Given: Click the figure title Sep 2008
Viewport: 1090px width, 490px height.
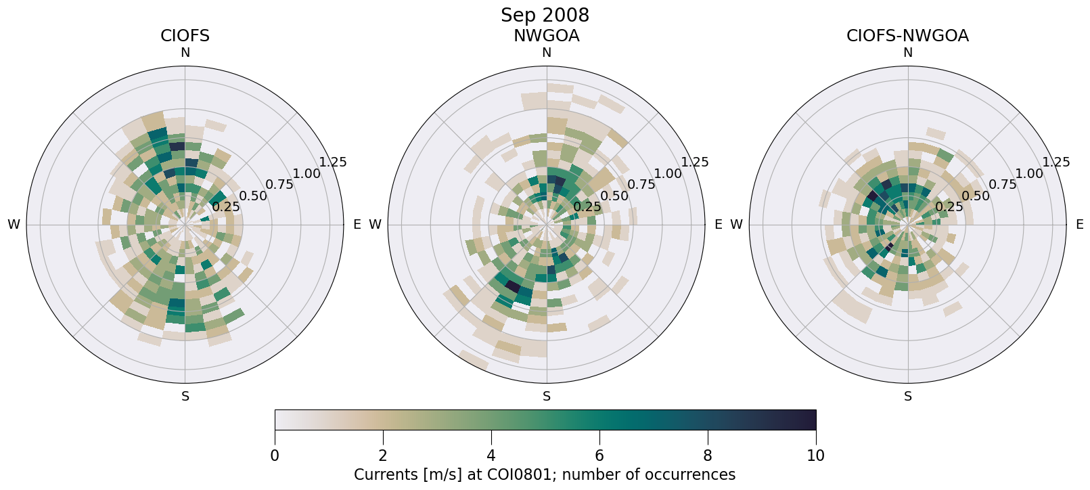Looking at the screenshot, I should coord(545,15).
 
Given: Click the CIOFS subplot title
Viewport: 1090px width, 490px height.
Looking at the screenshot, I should coord(185,36).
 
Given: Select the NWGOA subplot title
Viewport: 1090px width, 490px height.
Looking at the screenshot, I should coord(546,36).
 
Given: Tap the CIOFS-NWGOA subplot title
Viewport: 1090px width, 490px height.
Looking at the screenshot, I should coord(907,36).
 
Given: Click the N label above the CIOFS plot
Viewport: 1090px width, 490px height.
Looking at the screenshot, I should coord(185,53).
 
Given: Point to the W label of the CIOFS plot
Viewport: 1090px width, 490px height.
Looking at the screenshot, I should coord(14,225).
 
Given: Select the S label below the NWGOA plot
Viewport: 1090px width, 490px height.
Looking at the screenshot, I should coord(547,397).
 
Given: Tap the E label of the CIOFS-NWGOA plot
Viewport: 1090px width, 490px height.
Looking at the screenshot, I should coord(1080,225).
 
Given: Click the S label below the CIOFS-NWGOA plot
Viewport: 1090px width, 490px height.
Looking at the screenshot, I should coord(908,397).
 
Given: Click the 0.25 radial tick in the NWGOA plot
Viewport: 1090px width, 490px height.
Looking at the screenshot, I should coord(587,207).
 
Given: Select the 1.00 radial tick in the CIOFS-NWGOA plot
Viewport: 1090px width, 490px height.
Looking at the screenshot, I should coord(1029,173).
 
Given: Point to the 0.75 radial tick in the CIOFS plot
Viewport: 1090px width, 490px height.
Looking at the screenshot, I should coord(279,185).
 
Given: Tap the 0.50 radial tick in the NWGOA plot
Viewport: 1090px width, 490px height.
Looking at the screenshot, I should coord(614,196).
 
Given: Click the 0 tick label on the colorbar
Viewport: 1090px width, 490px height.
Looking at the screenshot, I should coord(275,455).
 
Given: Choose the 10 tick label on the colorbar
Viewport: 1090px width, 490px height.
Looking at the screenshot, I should coord(816,455).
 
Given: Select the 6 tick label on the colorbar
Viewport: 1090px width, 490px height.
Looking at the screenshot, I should coord(599,455).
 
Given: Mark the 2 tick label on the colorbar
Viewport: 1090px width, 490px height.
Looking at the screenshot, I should coord(383,455).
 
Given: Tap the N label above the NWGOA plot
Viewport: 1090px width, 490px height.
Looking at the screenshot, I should coord(547,53).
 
